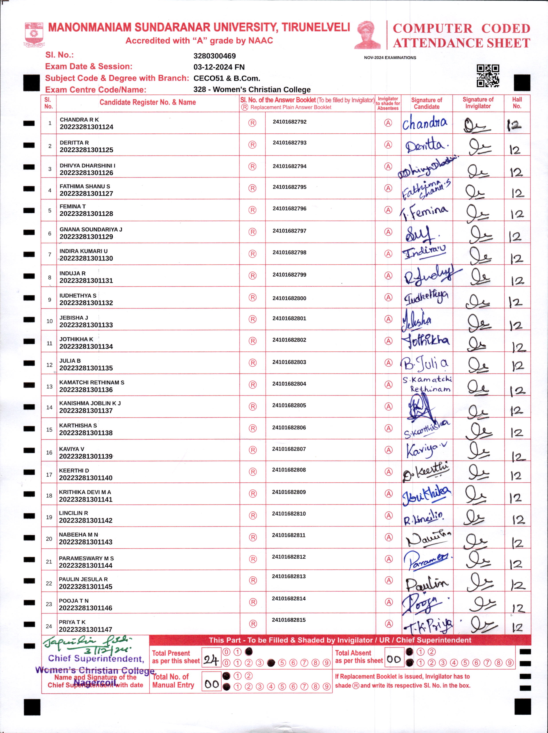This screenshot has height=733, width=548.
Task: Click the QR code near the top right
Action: (x=488, y=76)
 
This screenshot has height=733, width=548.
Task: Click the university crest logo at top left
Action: (x=34, y=34)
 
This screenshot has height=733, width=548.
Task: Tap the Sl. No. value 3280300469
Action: (x=215, y=56)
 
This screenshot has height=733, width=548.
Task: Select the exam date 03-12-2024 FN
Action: (x=219, y=67)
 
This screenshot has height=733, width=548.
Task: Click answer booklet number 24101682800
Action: (x=289, y=298)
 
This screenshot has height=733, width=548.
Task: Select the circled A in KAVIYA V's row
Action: (x=388, y=450)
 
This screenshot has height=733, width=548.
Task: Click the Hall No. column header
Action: (x=517, y=103)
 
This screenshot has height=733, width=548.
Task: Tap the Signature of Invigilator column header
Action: (x=478, y=103)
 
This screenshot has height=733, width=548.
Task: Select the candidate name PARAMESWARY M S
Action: (x=86, y=558)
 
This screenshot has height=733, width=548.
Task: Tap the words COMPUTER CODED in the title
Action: (x=461, y=29)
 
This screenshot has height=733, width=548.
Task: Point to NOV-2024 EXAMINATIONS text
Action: (x=390, y=58)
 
